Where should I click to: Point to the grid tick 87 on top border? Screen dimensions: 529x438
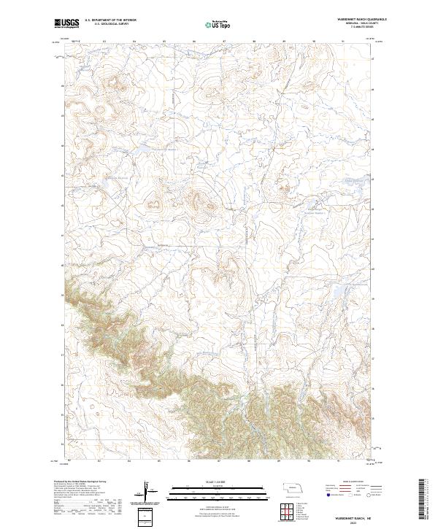coord(224,42)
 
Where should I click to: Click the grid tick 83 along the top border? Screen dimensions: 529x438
coord(104,42)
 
